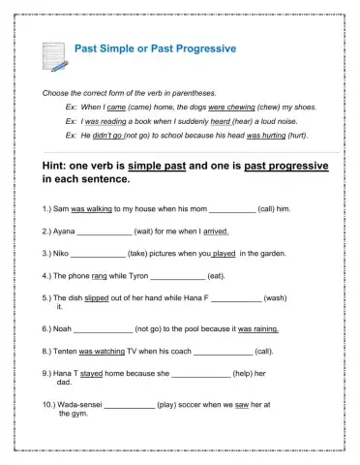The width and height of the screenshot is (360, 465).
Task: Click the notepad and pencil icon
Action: pos(54,55)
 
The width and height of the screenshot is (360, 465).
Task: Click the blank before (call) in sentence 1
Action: pos(232,208)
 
